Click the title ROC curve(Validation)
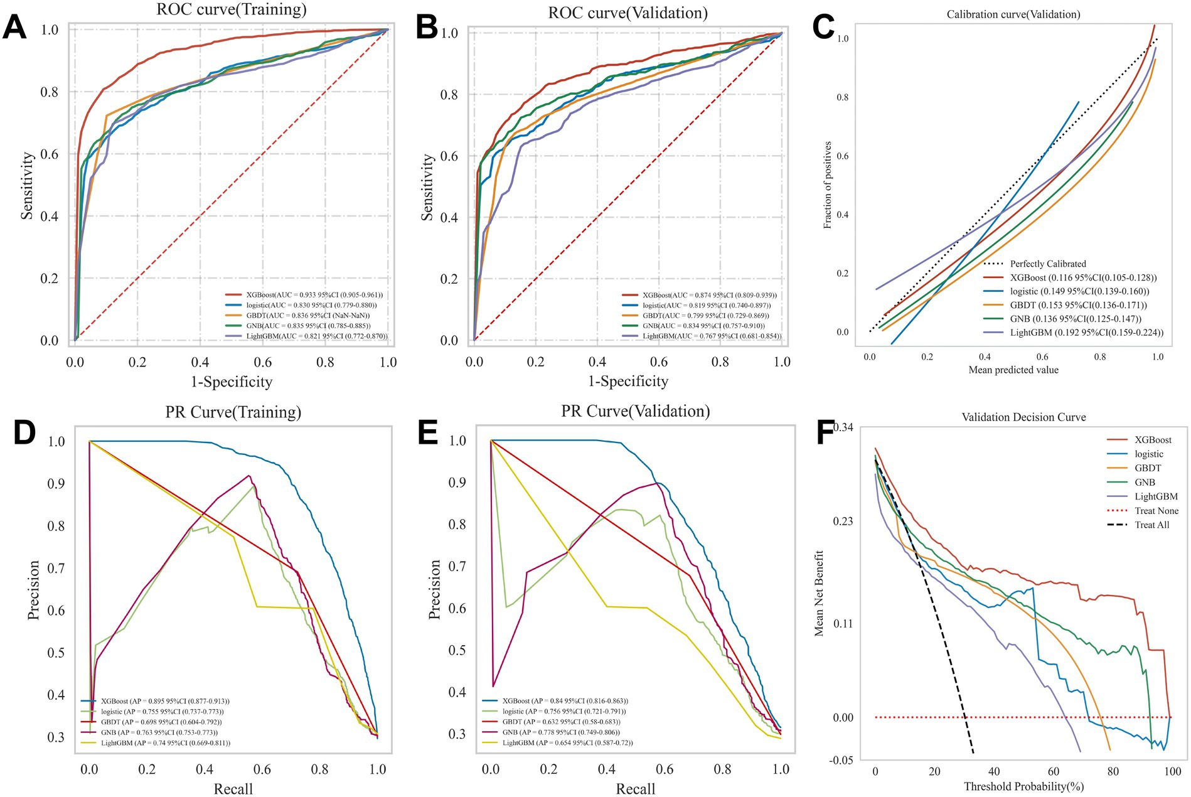coord(628,13)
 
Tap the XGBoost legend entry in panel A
coord(304,294)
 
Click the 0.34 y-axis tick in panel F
coord(843,427)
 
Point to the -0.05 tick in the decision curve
coord(840,760)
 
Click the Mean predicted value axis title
coord(1013,370)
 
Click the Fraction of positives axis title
coord(828,185)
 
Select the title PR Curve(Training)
coord(233,412)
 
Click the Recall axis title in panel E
coord(635,789)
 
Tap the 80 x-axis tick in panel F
coord(1113,771)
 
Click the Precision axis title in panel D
coord(33,590)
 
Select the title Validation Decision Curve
coord(1023,417)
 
